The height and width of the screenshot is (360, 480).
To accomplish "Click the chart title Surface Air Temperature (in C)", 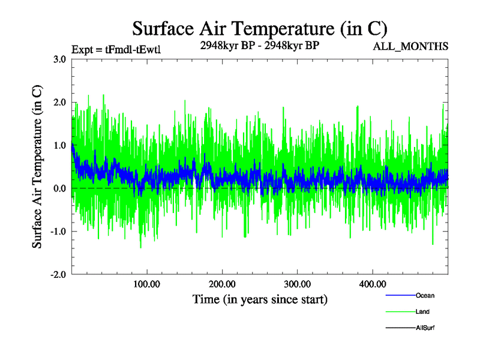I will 259,29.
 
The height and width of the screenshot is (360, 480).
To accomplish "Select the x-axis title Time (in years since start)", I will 260,299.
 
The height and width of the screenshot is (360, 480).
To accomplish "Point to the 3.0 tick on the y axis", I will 59,59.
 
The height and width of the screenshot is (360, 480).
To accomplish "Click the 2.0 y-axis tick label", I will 59,103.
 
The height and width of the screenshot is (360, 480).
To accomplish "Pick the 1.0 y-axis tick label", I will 59,145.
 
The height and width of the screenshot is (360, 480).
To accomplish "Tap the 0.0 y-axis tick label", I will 59,188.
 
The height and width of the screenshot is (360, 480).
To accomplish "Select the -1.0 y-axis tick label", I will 57,232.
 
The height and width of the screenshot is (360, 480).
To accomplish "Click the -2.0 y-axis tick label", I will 57,274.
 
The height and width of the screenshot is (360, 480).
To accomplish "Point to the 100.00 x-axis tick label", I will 146,283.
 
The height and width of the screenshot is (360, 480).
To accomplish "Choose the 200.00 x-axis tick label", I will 222,283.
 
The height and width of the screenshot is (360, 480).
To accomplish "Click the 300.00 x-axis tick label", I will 297,283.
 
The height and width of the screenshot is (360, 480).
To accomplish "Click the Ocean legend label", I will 425,295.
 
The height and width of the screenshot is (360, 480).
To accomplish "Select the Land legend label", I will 422,312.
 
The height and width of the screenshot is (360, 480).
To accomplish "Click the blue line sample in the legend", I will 400,295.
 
